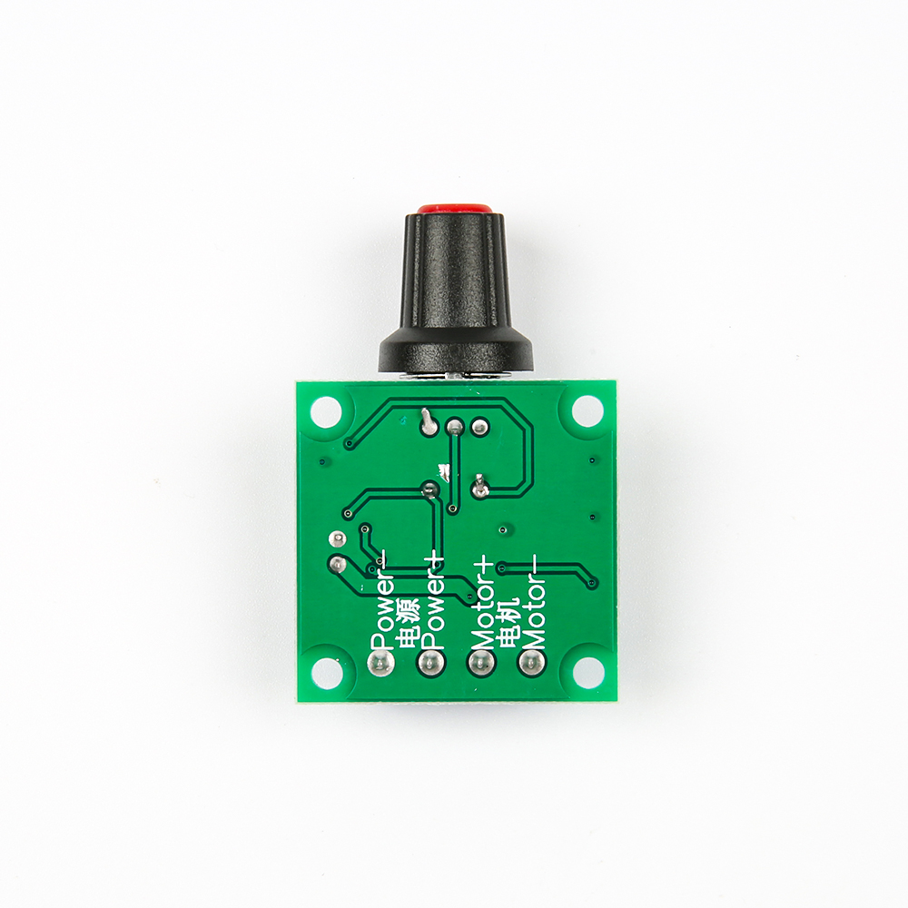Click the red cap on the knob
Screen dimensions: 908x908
(x=453, y=208)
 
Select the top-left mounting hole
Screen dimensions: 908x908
(x=325, y=411)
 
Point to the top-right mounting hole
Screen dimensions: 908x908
(x=587, y=411)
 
